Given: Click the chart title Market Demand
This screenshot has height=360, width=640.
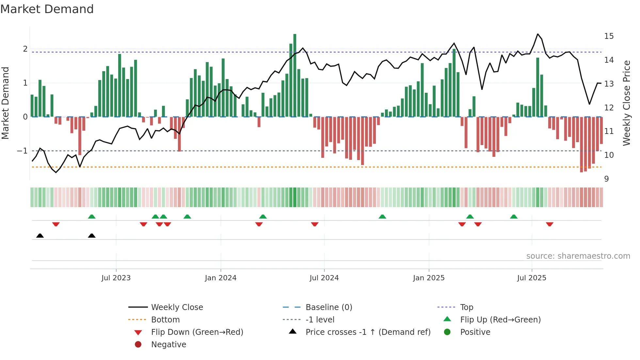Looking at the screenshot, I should pos(47,9).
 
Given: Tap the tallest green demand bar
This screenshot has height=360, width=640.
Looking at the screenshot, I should pos(295,75).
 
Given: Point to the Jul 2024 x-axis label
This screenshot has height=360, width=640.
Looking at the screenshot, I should pos(324,278).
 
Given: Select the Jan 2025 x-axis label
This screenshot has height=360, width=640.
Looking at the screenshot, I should pos(428,278).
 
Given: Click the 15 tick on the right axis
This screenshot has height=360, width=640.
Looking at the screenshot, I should pos(609,36).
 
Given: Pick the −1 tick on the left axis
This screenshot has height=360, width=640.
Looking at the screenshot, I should pos(22,151).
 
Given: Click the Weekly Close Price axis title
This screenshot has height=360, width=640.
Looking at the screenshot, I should pos(626,103).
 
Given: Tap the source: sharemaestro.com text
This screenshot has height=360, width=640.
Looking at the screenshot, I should pos(578,256).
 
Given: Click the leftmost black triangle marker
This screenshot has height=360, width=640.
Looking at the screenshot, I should pos(40,236).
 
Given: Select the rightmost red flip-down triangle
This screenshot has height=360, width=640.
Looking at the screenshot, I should pos(550,224).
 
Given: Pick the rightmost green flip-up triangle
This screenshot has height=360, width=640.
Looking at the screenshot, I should pos(514,217).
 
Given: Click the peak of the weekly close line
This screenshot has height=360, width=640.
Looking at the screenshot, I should pos(538,34).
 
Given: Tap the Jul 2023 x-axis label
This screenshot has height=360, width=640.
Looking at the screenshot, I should pos(116,278).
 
